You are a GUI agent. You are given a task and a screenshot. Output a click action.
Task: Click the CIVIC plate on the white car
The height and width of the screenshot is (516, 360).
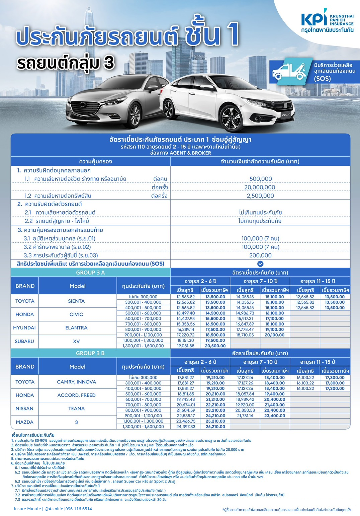tap(286, 115)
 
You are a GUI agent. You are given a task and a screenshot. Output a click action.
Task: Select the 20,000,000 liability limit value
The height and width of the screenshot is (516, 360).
tap(260, 187)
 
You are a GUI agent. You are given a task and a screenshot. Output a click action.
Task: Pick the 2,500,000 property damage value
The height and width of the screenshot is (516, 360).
tap(260, 196)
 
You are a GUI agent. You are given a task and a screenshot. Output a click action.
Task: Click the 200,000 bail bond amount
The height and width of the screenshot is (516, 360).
tap(260, 255)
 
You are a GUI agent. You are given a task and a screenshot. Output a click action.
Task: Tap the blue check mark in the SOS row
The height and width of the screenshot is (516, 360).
tap(260, 264)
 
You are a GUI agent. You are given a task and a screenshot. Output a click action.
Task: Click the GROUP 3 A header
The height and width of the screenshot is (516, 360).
tap(90, 273)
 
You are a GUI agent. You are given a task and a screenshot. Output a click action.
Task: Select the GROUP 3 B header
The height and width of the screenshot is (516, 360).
tap(90, 353)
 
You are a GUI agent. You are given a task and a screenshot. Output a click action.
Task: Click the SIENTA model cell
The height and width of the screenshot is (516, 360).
tap(76, 301)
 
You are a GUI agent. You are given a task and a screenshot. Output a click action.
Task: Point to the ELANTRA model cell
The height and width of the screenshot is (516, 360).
tap(76, 328)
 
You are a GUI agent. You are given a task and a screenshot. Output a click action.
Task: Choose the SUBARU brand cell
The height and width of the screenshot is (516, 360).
tap(24, 341)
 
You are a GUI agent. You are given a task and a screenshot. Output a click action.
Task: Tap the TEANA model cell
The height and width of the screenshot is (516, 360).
tap(76, 409)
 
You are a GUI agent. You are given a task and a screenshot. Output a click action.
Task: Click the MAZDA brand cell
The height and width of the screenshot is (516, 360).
tap(24, 422)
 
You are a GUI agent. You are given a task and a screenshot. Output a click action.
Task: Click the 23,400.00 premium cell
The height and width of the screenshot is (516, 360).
tap(275, 416)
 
